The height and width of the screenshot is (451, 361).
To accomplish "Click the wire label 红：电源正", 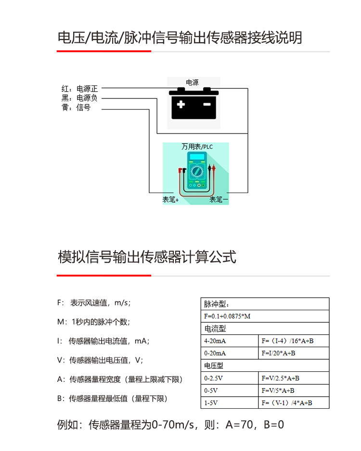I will point(80,89).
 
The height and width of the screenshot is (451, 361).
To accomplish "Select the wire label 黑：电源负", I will point(80,98).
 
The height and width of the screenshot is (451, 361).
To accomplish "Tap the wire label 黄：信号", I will point(76,108).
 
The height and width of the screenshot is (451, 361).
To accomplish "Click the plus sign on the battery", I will point(181,104).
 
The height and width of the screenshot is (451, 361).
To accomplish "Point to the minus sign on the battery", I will point(206,104).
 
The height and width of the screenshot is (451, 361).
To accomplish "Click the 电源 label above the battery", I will point(192,83).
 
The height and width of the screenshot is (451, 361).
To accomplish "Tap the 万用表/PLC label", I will point(197,147).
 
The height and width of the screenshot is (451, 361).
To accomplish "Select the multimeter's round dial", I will point(196,171).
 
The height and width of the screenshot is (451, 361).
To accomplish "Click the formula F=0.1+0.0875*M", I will point(228,317).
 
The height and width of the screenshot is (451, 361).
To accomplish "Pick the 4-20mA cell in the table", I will point(215,341).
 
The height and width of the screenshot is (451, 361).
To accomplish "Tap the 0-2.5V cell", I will point(215,378).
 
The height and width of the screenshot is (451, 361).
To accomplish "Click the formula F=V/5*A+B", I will point(278,391).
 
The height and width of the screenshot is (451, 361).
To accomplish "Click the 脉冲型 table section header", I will point(217,304).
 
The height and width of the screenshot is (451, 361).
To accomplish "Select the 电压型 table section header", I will point(215,366).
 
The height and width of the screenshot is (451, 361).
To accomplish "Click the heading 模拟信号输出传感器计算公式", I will point(147,257).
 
